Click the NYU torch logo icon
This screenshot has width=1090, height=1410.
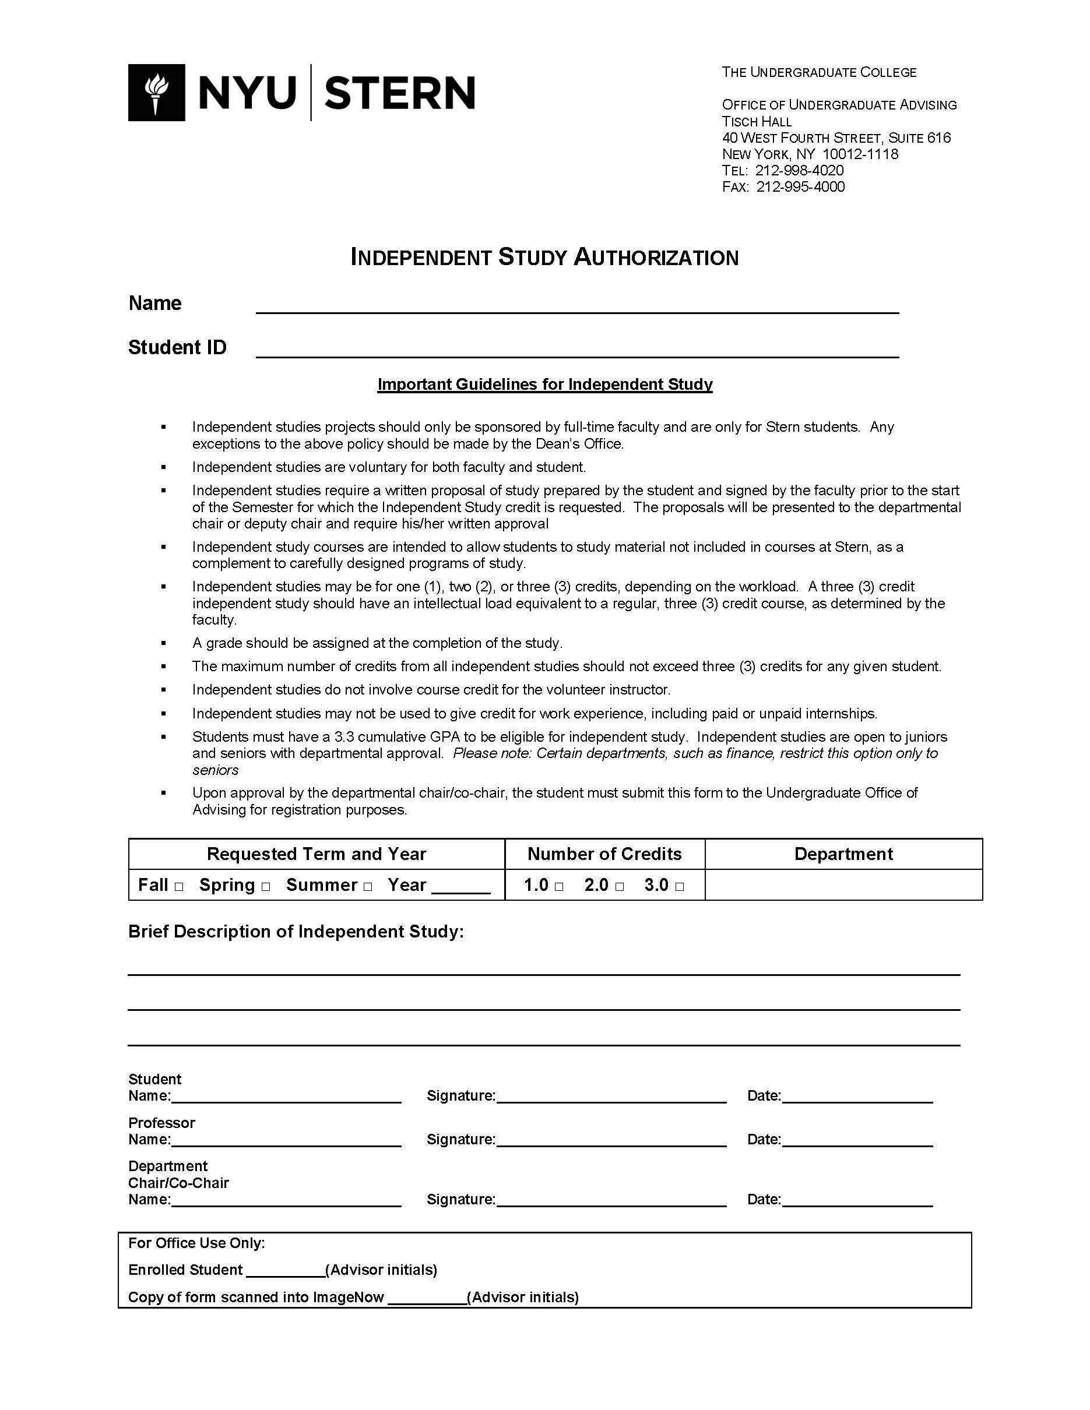[156, 92]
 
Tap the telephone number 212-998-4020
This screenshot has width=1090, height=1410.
[799, 171]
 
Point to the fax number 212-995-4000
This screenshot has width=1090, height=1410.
[800, 186]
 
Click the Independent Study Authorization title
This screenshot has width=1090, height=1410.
[544, 257]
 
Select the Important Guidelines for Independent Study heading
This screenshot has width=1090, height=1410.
[544, 385]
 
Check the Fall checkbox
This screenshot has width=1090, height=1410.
[179, 887]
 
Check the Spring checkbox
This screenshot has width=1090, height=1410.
[265, 887]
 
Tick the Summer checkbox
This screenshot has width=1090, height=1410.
[367, 887]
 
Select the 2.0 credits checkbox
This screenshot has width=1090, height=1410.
[619, 887]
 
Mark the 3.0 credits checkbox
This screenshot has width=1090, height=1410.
[679, 887]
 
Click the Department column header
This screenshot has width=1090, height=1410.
[843, 854]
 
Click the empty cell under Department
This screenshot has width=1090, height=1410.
[843, 885]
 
